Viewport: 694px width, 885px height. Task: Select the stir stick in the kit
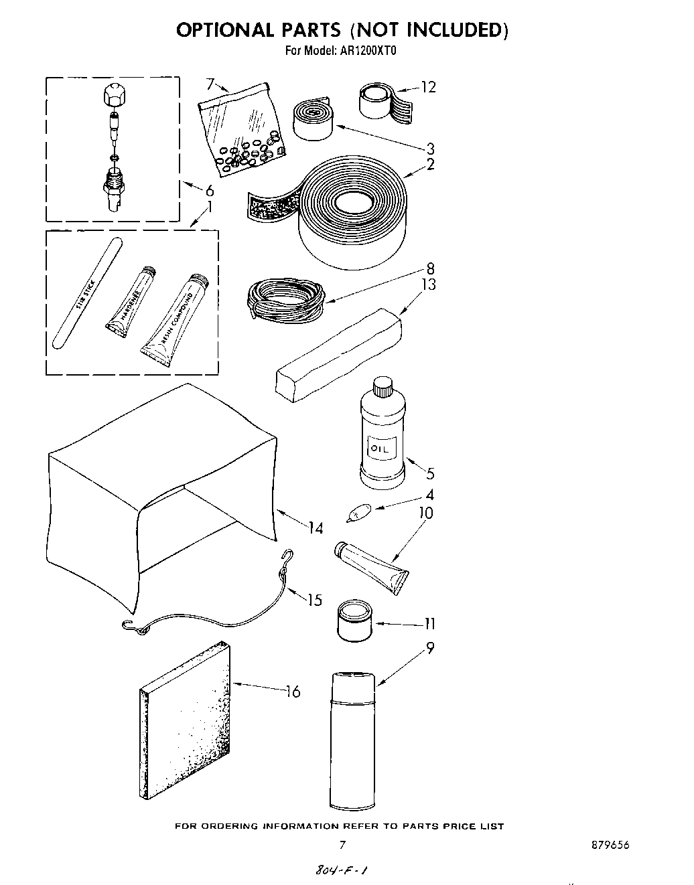click(x=85, y=295)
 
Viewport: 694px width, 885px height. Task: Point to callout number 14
click(x=316, y=529)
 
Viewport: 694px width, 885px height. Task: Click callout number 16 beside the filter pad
click(x=293, y=692)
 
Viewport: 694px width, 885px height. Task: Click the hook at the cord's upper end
click(x=289, y=554)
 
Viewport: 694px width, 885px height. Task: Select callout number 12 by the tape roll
click(x=428, y=87)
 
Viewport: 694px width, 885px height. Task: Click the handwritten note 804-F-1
click(x=340, y=870)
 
